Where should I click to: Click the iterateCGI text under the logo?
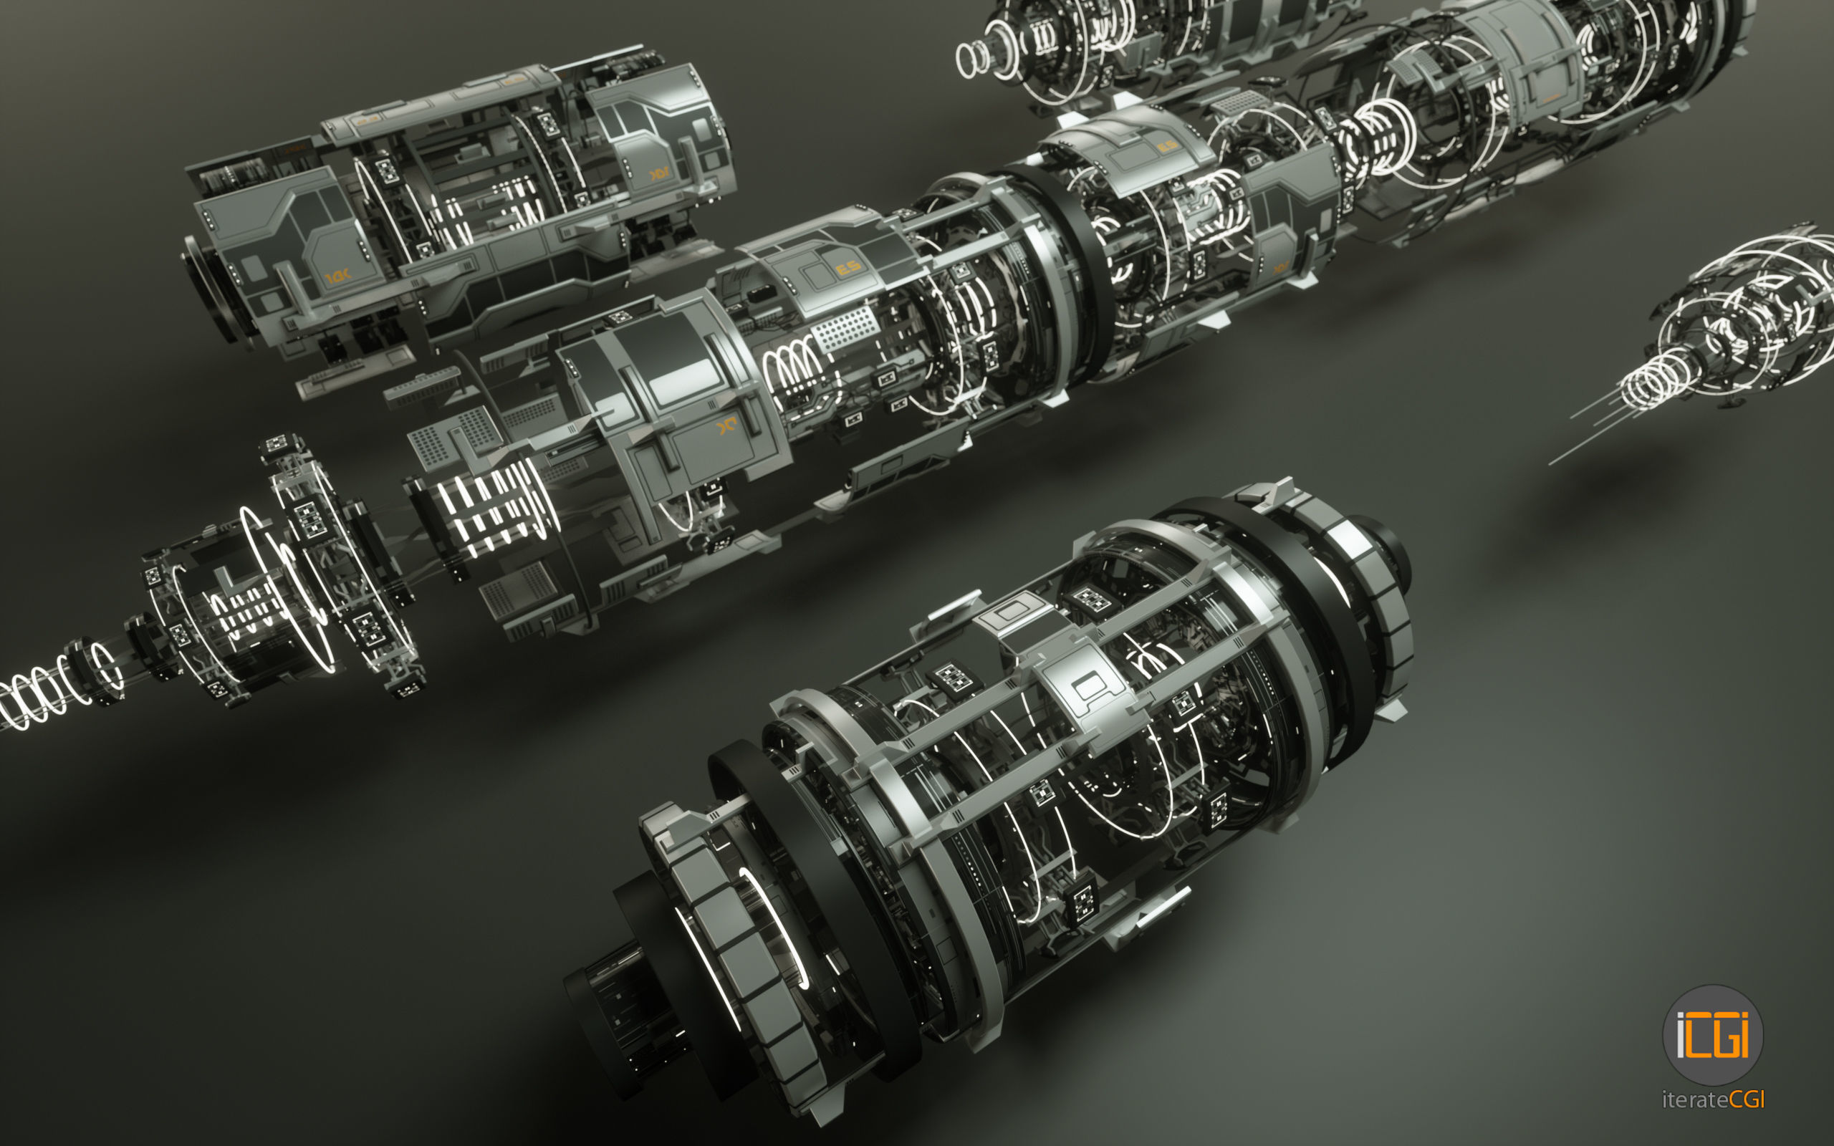(x=1713, y=1099)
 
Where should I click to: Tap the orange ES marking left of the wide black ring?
(x=848, y=266)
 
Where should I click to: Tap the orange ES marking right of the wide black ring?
(x=1167, y=145)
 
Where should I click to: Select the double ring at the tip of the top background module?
(x=972, y=59)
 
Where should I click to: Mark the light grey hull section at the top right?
(x=1531, y=61)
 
